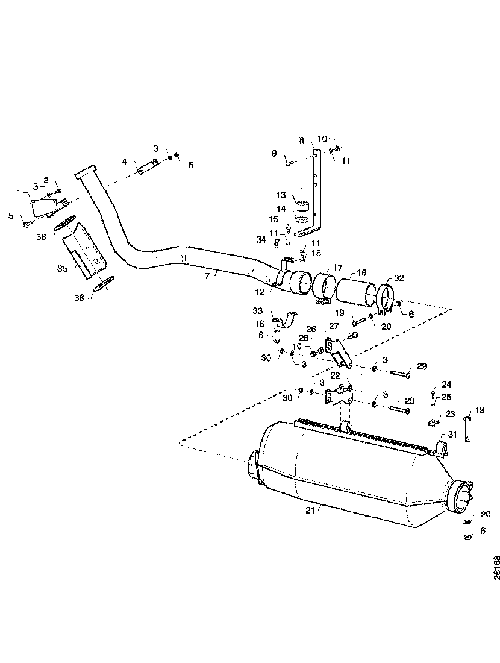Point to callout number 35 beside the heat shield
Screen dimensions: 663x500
63,269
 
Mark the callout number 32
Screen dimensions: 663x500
399,278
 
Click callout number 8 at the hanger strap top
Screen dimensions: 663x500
302,140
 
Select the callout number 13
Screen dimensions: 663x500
281,195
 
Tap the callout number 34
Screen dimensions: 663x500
261,240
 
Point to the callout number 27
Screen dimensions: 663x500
333,326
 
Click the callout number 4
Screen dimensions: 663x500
125,162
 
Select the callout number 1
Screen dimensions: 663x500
19,193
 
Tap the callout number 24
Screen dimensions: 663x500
446,384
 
